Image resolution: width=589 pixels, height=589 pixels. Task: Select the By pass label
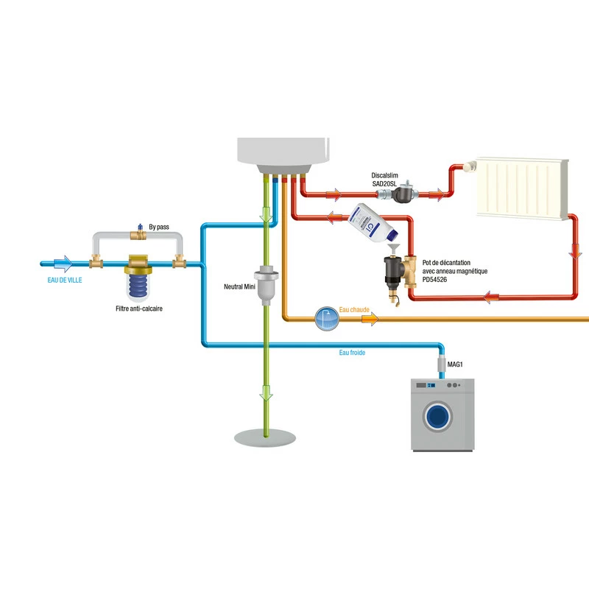(x=159, y=228)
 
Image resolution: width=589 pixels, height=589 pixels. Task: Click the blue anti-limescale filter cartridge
(x=138, y=286)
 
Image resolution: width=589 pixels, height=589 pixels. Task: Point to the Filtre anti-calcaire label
(x=139, y=308)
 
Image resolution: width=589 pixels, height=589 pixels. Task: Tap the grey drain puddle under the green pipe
(x=266, y=438)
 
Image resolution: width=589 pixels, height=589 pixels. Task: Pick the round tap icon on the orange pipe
(x=325, y=319)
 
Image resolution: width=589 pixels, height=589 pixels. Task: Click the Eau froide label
(x=352, y=353)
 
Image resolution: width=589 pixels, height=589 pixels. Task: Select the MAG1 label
(x=456, y=364)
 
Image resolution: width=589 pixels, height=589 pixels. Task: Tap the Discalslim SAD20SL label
(x=383, y=180)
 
